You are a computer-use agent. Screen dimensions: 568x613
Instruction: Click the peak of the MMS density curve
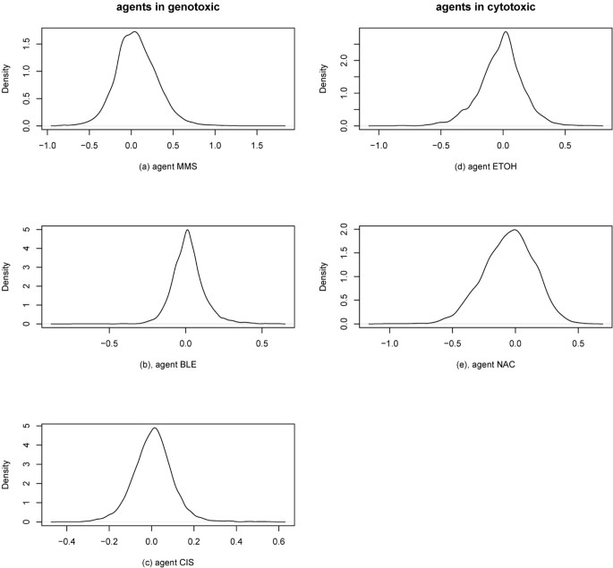pyautogui.click(x=134, y=32)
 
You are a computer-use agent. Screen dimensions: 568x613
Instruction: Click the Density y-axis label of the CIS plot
pyautogui.click(x=13, y=473)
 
